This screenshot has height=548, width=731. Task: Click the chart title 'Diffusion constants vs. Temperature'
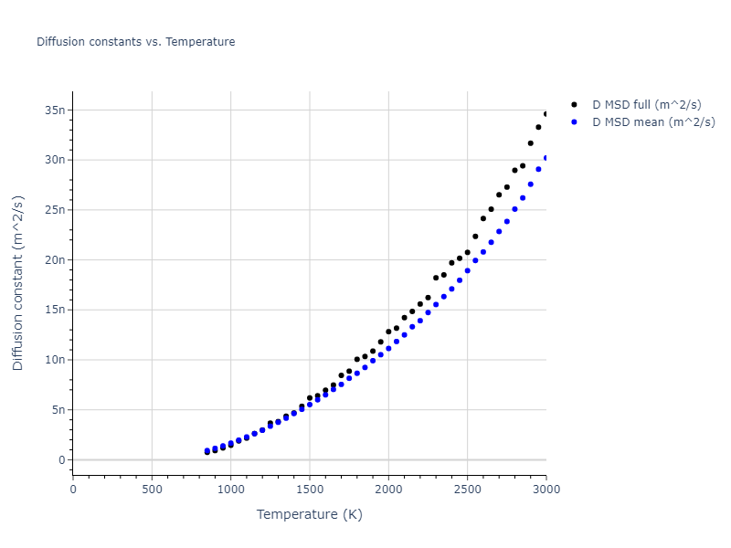(135, 42)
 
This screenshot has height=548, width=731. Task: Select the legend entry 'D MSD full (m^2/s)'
(653, 105)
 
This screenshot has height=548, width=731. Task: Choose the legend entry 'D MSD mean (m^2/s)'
(653, 121)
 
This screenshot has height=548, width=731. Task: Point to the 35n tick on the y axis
(56, 111)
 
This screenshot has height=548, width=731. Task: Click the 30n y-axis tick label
(56, 160)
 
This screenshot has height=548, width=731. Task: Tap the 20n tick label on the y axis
(56, 260)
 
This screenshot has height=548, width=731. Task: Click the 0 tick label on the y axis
(62, 460)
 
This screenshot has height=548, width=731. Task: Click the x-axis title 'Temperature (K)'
(310, 515)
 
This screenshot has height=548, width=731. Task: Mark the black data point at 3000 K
(546, 114)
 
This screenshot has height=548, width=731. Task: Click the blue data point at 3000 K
(546, 158)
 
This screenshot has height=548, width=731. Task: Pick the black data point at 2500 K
(467, 252)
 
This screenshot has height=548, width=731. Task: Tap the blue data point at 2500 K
(467, 270)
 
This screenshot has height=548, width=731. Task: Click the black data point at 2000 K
(388, 332)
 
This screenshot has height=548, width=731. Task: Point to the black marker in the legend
(575, 105)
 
